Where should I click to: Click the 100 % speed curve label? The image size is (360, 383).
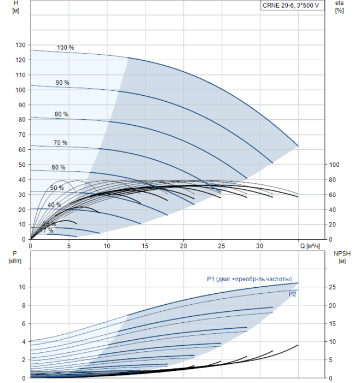[65, 48]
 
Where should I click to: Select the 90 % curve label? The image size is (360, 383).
[62, 83]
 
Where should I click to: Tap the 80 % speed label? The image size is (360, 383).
[61, 114]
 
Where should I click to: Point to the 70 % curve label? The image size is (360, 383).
[60, 143]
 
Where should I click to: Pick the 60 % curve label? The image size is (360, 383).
[59, 167]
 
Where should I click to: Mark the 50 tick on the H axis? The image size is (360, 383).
[21, 164]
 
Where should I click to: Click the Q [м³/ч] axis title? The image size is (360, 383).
[313, 246]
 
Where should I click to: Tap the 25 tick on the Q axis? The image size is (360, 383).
[222, 246]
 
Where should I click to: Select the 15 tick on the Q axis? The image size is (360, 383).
[145, 246]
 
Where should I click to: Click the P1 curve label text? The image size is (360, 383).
[249, 280]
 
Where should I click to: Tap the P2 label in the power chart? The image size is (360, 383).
[293, 294]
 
